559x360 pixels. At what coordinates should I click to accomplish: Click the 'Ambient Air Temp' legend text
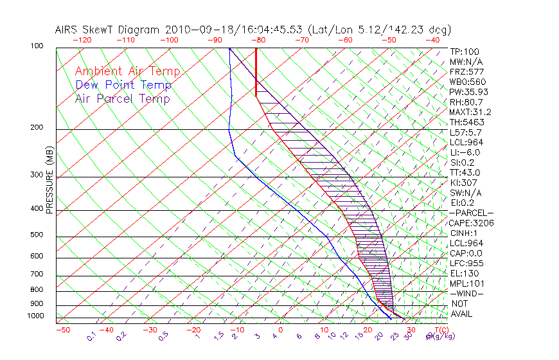[x=127, y=71]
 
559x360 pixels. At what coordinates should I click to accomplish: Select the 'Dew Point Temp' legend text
[x=123, y=85]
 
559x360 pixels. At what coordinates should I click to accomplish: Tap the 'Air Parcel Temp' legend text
[x=123, y=98]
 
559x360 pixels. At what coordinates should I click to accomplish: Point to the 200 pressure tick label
[x=36, y=128]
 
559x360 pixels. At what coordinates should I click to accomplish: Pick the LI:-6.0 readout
[x=465, y=152]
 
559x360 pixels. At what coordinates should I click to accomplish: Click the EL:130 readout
[x=465, y=273]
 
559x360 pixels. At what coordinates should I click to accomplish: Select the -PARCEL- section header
[x=471, y=213]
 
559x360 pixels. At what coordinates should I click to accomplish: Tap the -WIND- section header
[x=466, y=293]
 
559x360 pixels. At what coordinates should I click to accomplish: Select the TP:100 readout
[x=465, y=51]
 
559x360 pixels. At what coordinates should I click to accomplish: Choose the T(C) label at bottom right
[x=441, y=330]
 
